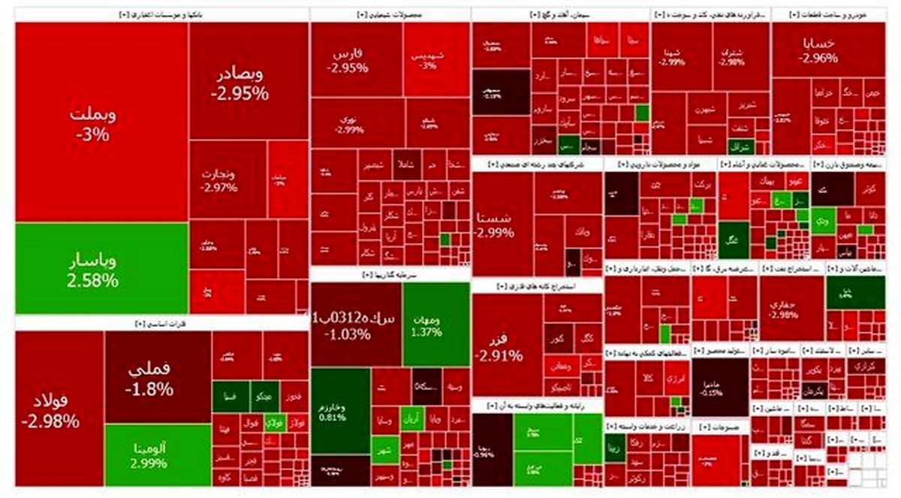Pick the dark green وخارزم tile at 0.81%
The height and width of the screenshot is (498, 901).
(x=340, y=409)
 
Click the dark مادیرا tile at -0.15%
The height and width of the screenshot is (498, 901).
(x=720, y=387)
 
